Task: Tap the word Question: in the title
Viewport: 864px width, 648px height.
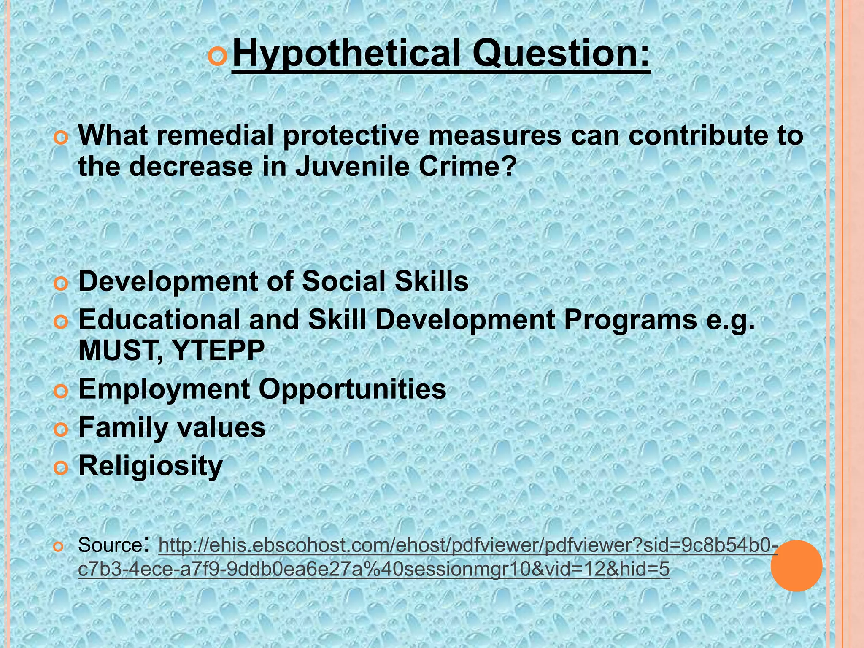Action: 561,54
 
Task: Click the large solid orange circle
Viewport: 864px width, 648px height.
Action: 796,566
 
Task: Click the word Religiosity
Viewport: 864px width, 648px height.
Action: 150,466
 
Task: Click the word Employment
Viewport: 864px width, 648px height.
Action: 164,389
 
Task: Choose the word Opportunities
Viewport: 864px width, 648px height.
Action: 352,389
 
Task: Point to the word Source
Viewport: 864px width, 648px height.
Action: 110,545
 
